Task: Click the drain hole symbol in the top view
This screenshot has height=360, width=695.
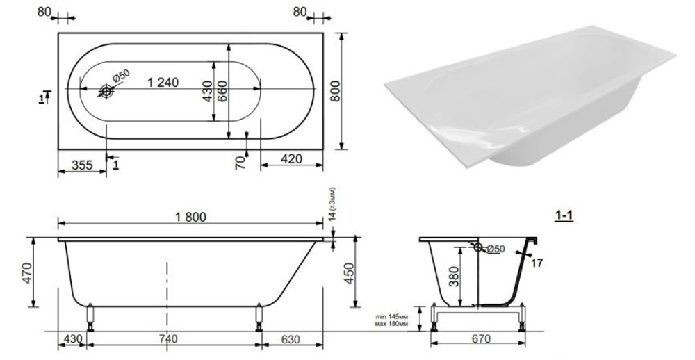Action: pyautogui.click(x=106, y=90)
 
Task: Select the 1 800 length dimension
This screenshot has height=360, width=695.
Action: pyautogui.click(x=188, y=217)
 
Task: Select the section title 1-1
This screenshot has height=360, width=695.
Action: pyautogui.click(x=564, y=215)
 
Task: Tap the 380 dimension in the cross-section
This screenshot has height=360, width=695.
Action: pyautogui.click(x=452, y=277)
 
